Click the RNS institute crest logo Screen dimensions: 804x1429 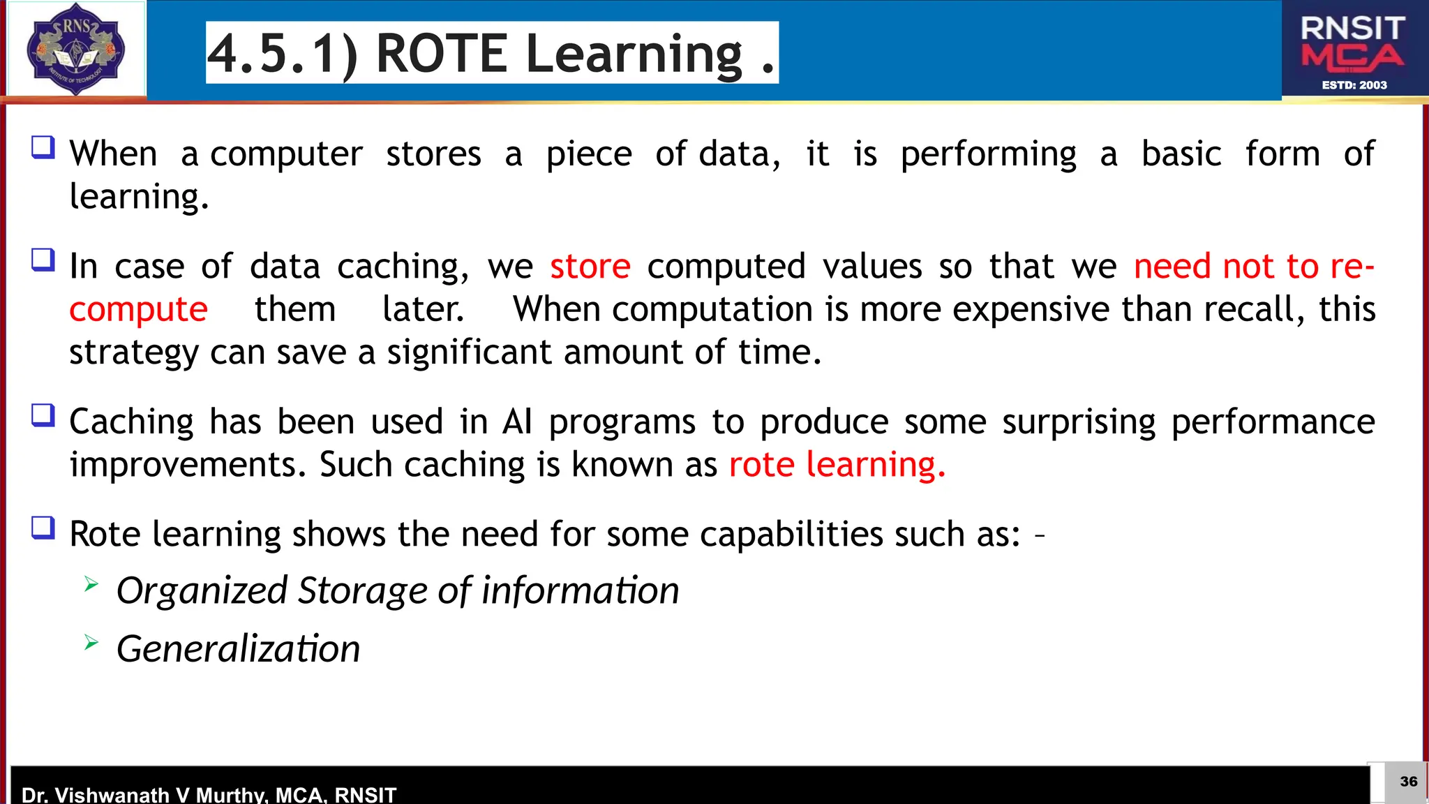[75, 49]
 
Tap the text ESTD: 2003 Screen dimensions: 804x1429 [1354, 85]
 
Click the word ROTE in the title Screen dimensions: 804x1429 [442, 53]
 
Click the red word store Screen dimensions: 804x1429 [590, 267]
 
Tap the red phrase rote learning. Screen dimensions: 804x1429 [837, 465]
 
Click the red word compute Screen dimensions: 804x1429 [138, 310]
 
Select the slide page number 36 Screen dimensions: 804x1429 [1408, 781]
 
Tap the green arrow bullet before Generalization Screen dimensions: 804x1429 [91, 642]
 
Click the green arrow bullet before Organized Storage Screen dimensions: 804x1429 [91, 583]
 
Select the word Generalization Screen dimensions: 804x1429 [238, 649]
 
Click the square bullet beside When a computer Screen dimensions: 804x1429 [43, 147]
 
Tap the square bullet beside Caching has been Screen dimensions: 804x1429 [43, 415]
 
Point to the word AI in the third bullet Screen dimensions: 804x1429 [517, 422]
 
